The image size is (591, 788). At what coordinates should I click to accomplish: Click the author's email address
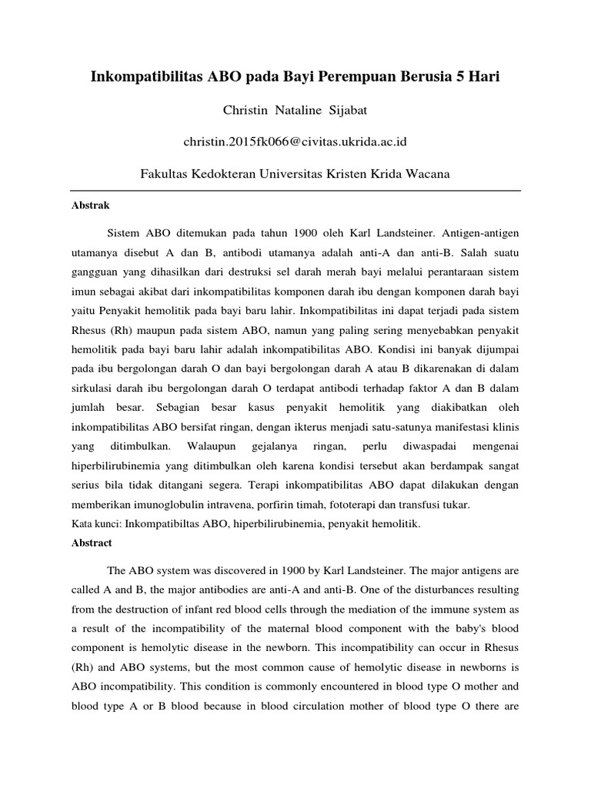click(295, 142)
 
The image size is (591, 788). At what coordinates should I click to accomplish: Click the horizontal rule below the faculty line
click(295, 191)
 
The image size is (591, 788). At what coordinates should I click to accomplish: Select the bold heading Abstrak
click(91, 206)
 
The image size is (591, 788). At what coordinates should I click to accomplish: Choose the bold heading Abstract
click(92, 543)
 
